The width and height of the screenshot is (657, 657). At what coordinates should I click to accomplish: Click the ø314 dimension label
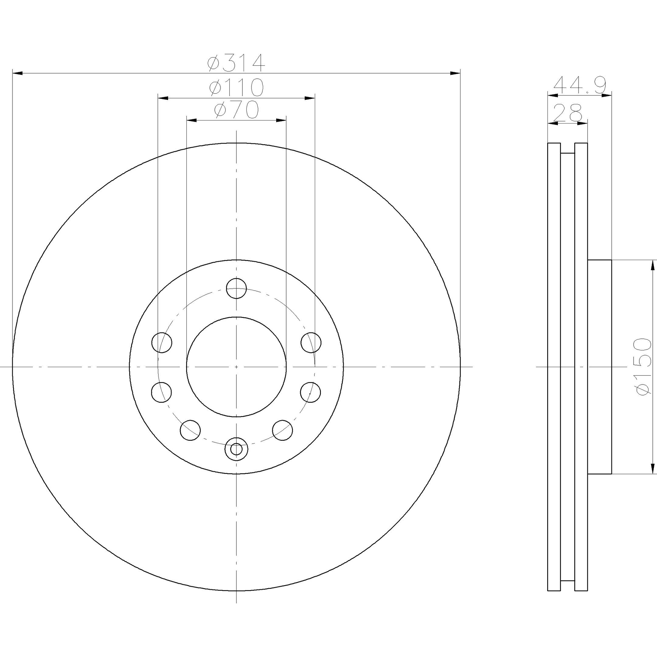tap(236, 63)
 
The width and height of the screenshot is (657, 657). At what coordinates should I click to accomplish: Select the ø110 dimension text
tap(236, 87)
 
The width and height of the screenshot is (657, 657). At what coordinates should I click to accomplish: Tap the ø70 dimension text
tap(236, 110)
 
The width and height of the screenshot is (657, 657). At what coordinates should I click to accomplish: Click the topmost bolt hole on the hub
tap(236, 288)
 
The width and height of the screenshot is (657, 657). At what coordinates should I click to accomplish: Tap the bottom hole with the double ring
tap(236, 449)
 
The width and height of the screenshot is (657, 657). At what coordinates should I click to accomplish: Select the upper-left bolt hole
tap(162, 342)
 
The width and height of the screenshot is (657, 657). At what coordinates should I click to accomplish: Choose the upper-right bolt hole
tap(311, 342)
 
